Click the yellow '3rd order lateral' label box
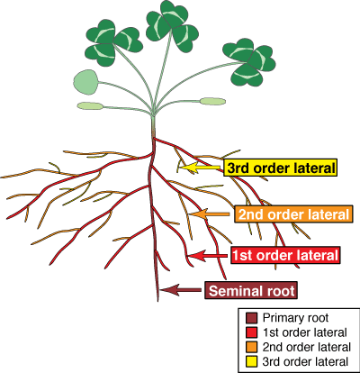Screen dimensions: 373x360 (282, 168)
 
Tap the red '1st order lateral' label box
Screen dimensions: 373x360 (286, 256)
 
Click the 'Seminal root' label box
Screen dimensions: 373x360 (250, 290)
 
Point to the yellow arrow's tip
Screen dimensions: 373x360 (180, 168)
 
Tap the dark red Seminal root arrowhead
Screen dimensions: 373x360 (164, 290)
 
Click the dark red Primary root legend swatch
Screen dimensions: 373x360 (250, 318)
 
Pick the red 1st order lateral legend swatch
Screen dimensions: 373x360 (250, 331)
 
